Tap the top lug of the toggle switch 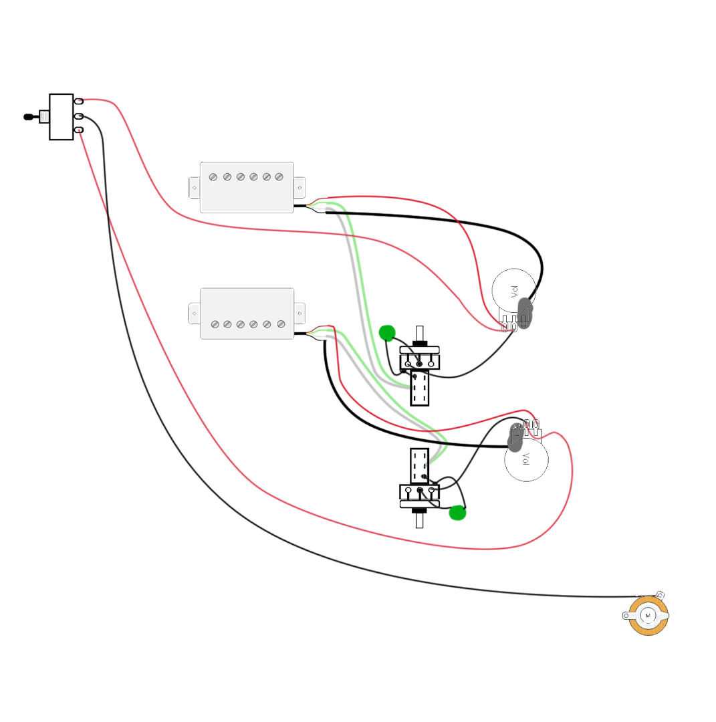pyautogui.click(x=79, y=101)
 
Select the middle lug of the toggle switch pyautogui.click(x=79, y=116)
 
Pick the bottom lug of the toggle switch pyautogui.click(x=79, y=130)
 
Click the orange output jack pyautogui.click(x=648, y=616)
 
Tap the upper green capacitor pyautogui.click(x=387, y=333)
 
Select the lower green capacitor pyautogui.click(x=457, y=513)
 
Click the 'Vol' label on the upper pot pyautogui.click(x=514, y=291)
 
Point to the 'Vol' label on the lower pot pyautogui.click(x=526, y=459)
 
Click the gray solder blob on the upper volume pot pyautogui.click(x=524, y=313)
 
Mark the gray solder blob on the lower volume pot pyautogui.click(x=515, y=437)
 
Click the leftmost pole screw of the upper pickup pyautogui.click(x=213, y=177)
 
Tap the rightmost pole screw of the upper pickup pyautogui.click(x=279, y=176)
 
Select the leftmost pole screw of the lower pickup pyautogui.click(x=215, y=325)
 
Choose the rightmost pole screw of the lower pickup pyautogui.click(x=281, y=324)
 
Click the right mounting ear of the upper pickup pyautogui.click(x=300, y=187)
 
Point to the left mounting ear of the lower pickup pyautogui.click(x=195, y=314)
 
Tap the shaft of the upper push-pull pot pyautogui.click(x=419, y=334)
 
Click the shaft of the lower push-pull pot pyautogui.click(x=419, y=520)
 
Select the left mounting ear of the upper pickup pyautogui.click(x=195, y=188)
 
